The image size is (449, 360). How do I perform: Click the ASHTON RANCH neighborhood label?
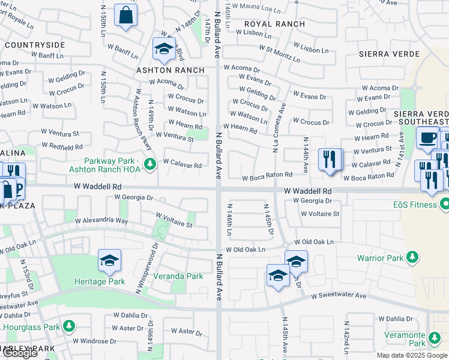(x=170, y=70)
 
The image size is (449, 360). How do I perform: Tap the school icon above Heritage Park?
(x=109, y=260)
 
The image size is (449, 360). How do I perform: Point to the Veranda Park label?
(x=177, y=276)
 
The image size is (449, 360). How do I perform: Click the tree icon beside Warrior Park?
(x=412, y=259)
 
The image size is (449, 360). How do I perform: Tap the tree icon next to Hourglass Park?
(x=70, y=326)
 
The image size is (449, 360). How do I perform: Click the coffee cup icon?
(x=427, y=137)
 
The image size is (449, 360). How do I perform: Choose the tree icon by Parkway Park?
(x=151, y=162)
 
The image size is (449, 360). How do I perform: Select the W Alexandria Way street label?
(x=101, y=221)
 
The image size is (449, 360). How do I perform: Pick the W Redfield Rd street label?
(x=62, y=146)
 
